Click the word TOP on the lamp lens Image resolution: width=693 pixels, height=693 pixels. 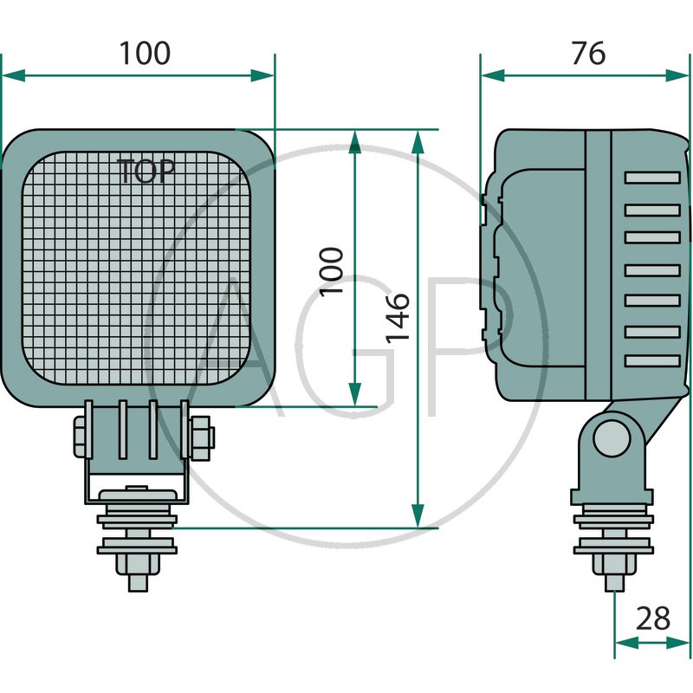(x=146, y=171)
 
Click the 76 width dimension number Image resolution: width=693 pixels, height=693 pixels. (x=588, y=54)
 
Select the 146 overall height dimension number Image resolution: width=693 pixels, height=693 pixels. (x=398, y=317)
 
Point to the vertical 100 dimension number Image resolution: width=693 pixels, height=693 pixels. (x=332, y=272)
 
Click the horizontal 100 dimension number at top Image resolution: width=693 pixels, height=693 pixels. (x=145, y=54)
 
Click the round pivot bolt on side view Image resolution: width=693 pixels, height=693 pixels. (x=612, y=438)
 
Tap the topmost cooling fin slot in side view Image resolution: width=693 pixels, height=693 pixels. (x=652, y=178)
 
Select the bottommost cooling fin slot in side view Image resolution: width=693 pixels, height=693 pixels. (x=652, y=361)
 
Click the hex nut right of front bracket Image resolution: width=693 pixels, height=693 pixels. (x=202, y=437)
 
